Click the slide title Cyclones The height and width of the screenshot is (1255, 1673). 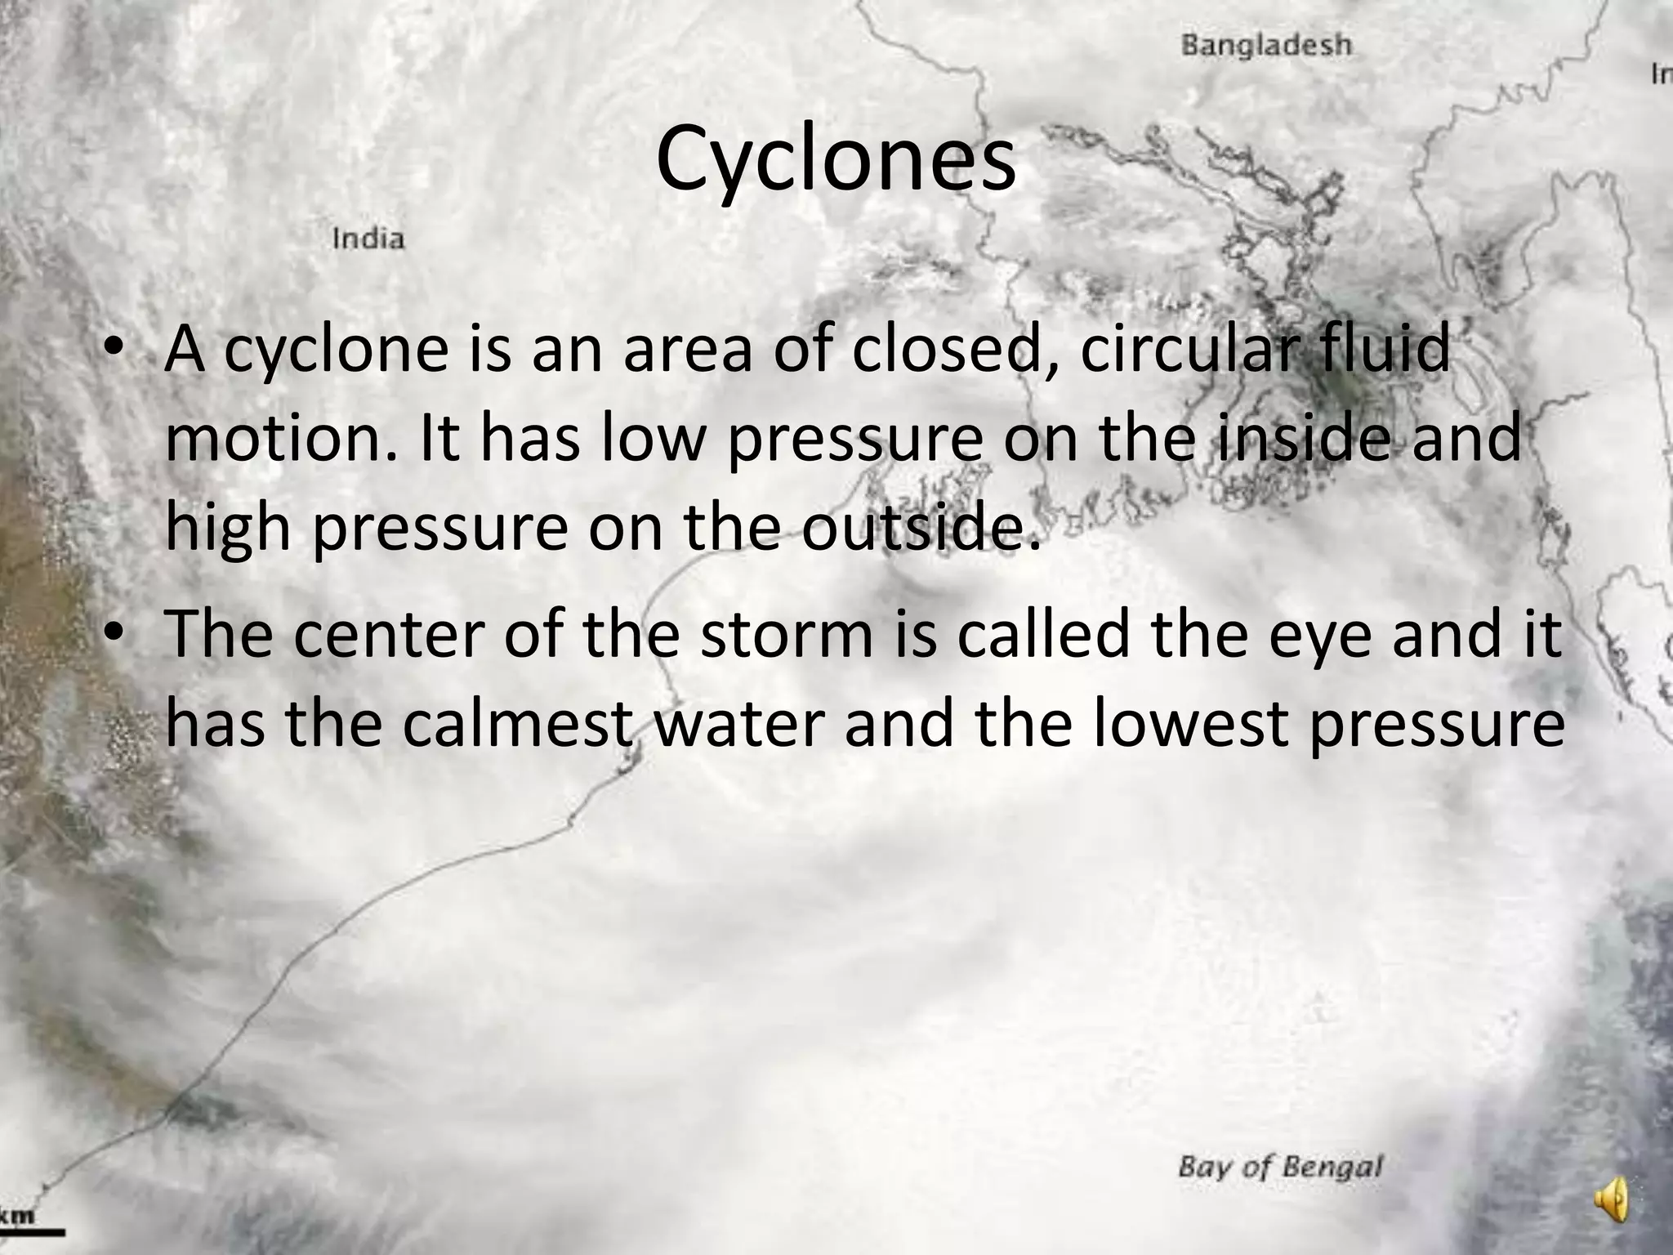tap(836, 160)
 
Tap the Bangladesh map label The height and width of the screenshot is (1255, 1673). tap(1266, 45)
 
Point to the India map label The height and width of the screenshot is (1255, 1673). tap(368, 239)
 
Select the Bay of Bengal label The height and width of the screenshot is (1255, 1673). tap(1280, 1166)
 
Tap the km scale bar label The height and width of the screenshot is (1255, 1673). tap(17, 1215)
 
